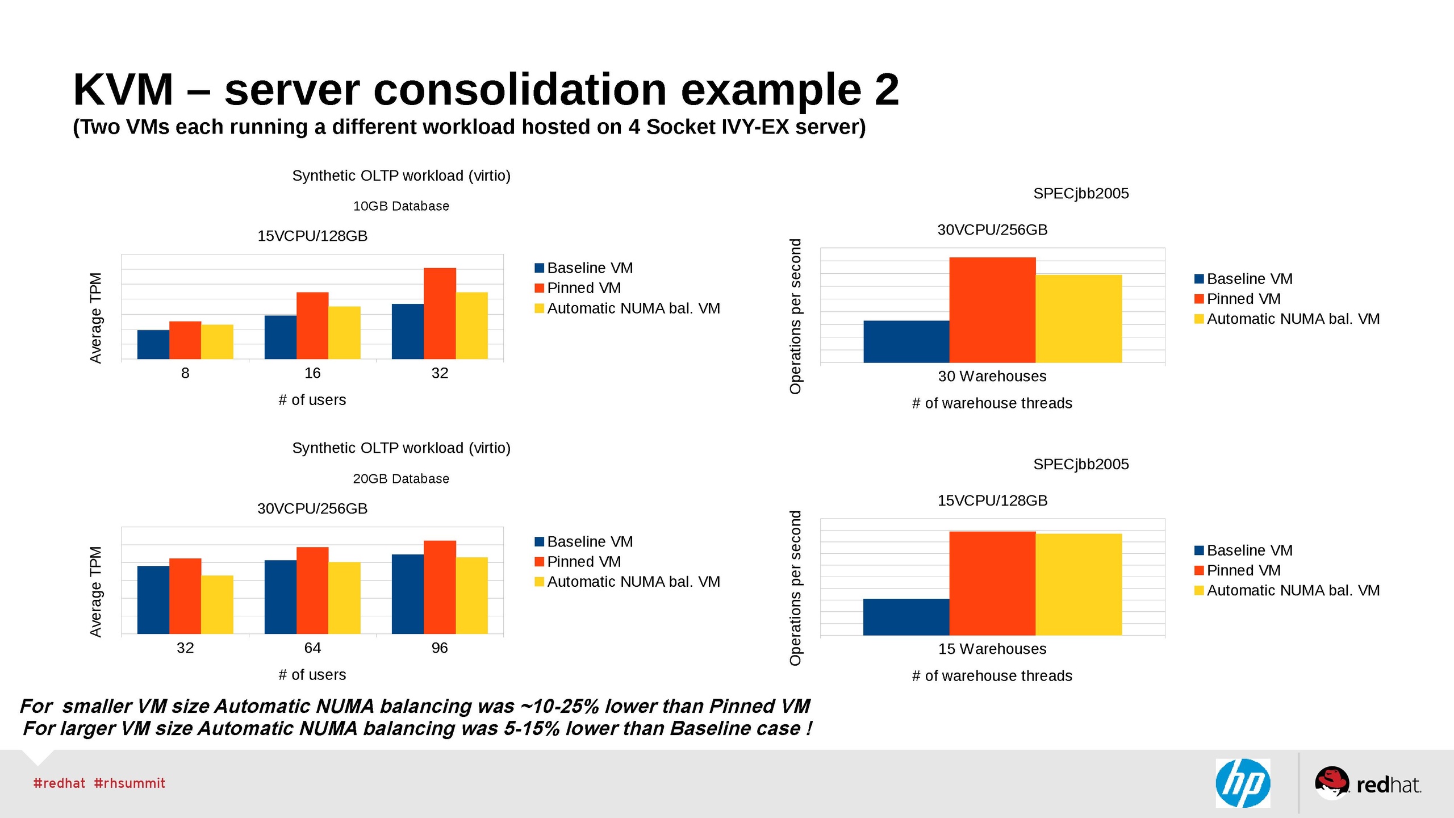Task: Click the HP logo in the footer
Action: (1243, 783)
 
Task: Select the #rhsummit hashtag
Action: (129, 783)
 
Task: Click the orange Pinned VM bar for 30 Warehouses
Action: (992, 310)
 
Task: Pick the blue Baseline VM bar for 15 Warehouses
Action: (906, 617)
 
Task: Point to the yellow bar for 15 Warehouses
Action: (1079, 584)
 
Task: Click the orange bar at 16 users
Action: (312, 325)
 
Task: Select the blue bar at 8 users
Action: (153, 344)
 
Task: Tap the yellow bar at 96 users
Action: (471, 595)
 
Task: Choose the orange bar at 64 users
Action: (312, 590)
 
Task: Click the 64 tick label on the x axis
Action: (312, 648)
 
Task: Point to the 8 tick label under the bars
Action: (185, 373)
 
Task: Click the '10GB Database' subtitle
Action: (401, 206)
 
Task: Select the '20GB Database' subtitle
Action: (401, 479)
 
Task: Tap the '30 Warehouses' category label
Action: (992, 376)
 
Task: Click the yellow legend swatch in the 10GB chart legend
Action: (539, 308)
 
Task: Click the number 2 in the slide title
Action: (887, 90)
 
